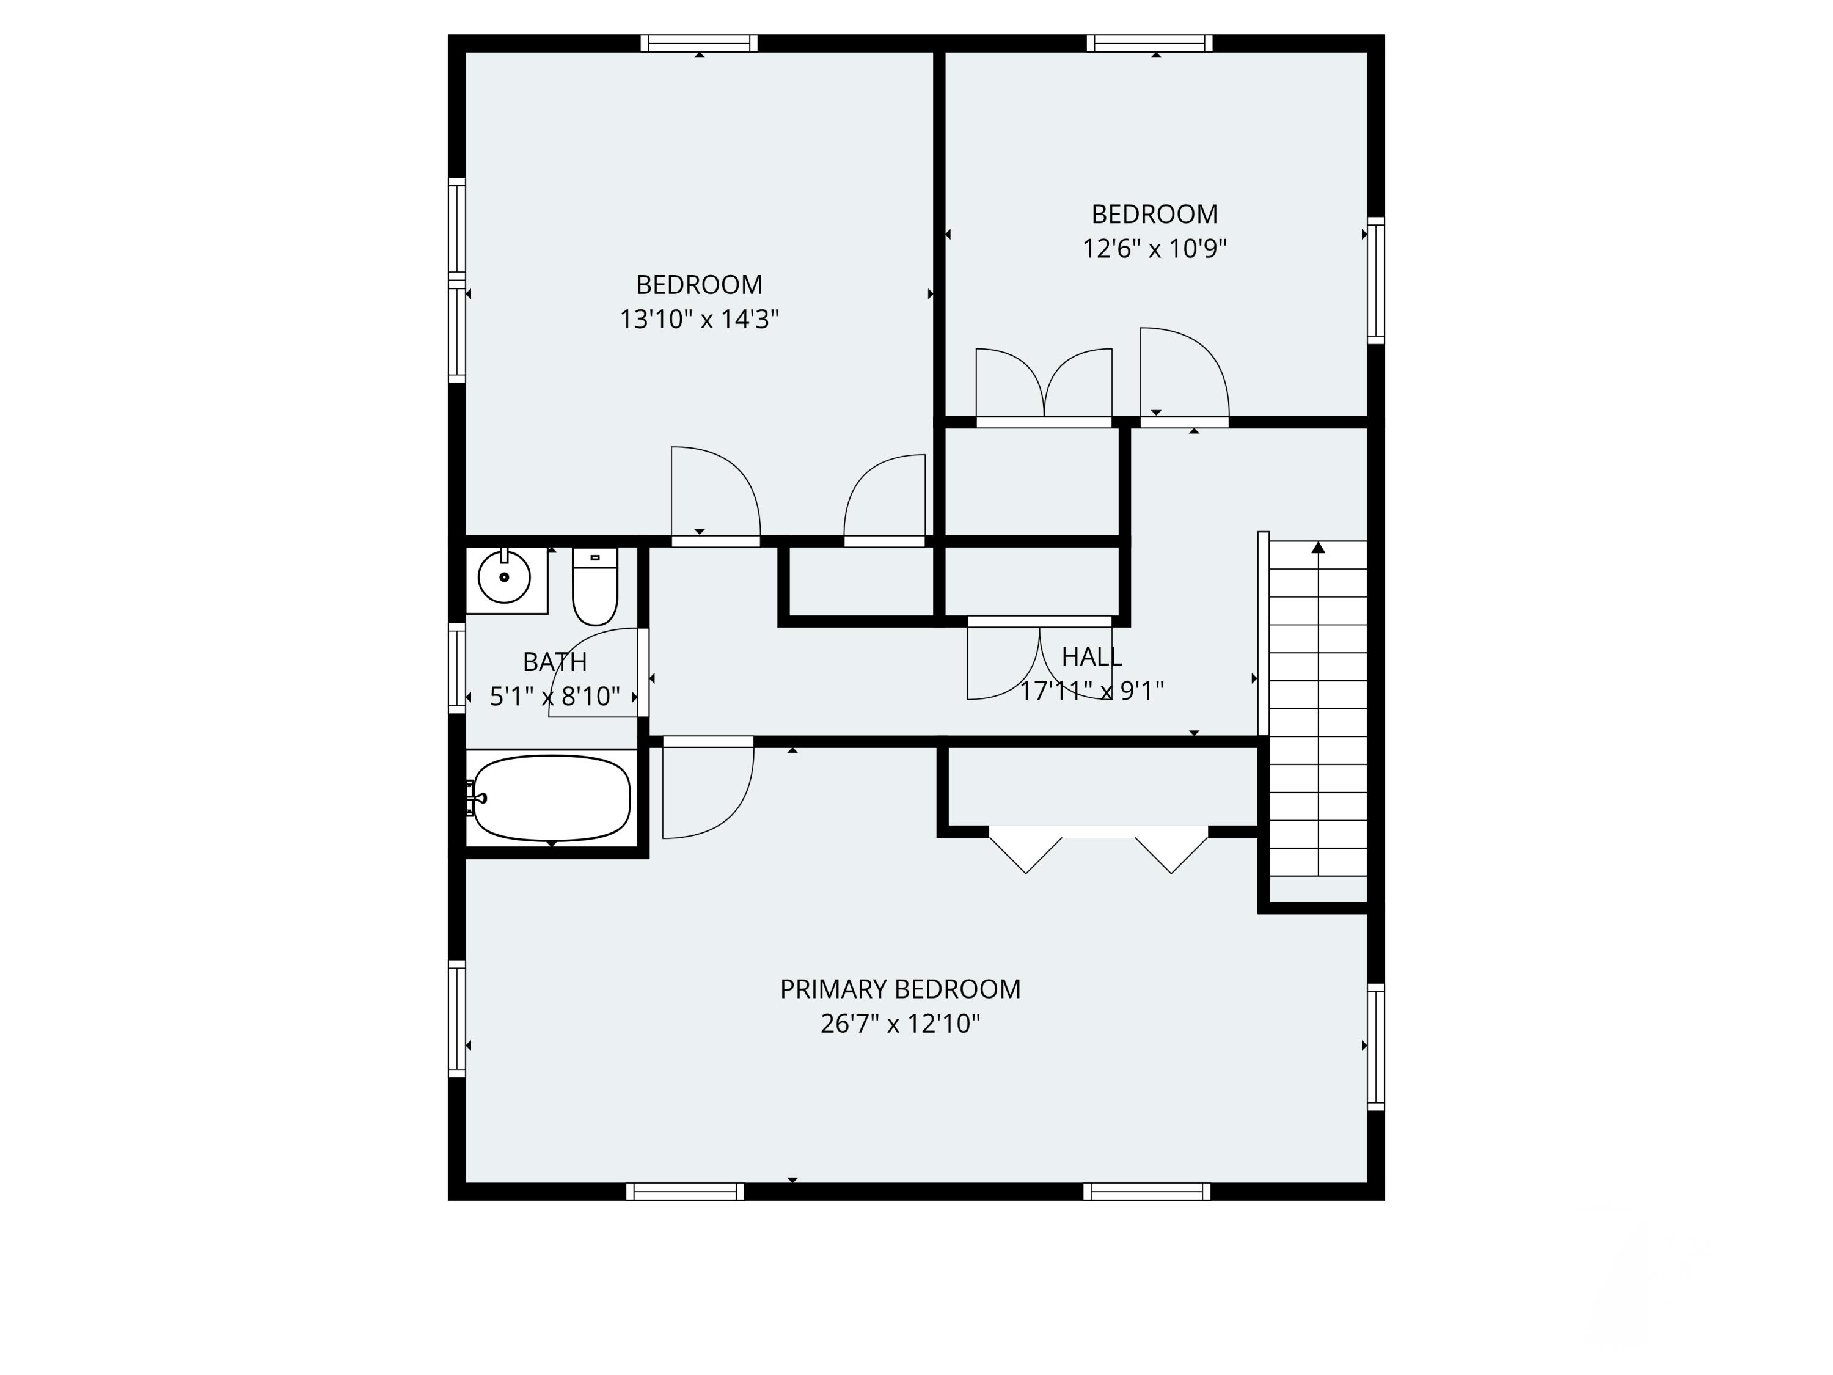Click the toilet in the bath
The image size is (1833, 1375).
tap(595, 588)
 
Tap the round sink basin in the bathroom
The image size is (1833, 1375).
tap(504, 577)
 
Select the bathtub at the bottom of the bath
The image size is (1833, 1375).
tap(552, 798)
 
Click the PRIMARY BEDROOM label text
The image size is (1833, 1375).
tap(900, 989)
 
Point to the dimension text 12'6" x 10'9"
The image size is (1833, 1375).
tap(1154, 249)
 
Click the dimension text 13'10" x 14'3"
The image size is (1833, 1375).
tap(700, 319)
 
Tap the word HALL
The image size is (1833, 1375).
tap(1091, 656)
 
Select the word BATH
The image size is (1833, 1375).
tap(554, 661)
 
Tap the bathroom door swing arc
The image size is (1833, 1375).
tap(593, 672)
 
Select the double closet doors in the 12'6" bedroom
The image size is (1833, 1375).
tap(1044, 386)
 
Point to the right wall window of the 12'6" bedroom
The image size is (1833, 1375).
tap(1375, 280)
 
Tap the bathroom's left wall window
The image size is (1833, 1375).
tap(456, 668)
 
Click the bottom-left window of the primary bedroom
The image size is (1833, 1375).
tap(686, 1192)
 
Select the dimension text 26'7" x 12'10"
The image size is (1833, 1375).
tap(900, 1024)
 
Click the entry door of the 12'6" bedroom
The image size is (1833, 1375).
tap(1184, 377)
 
